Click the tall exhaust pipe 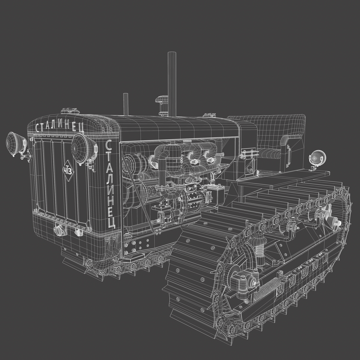(172, 83)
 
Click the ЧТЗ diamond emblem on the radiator (68, 171)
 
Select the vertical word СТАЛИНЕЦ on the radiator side (110, 183)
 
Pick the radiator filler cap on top (70, 111)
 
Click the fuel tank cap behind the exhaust (209, 115)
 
